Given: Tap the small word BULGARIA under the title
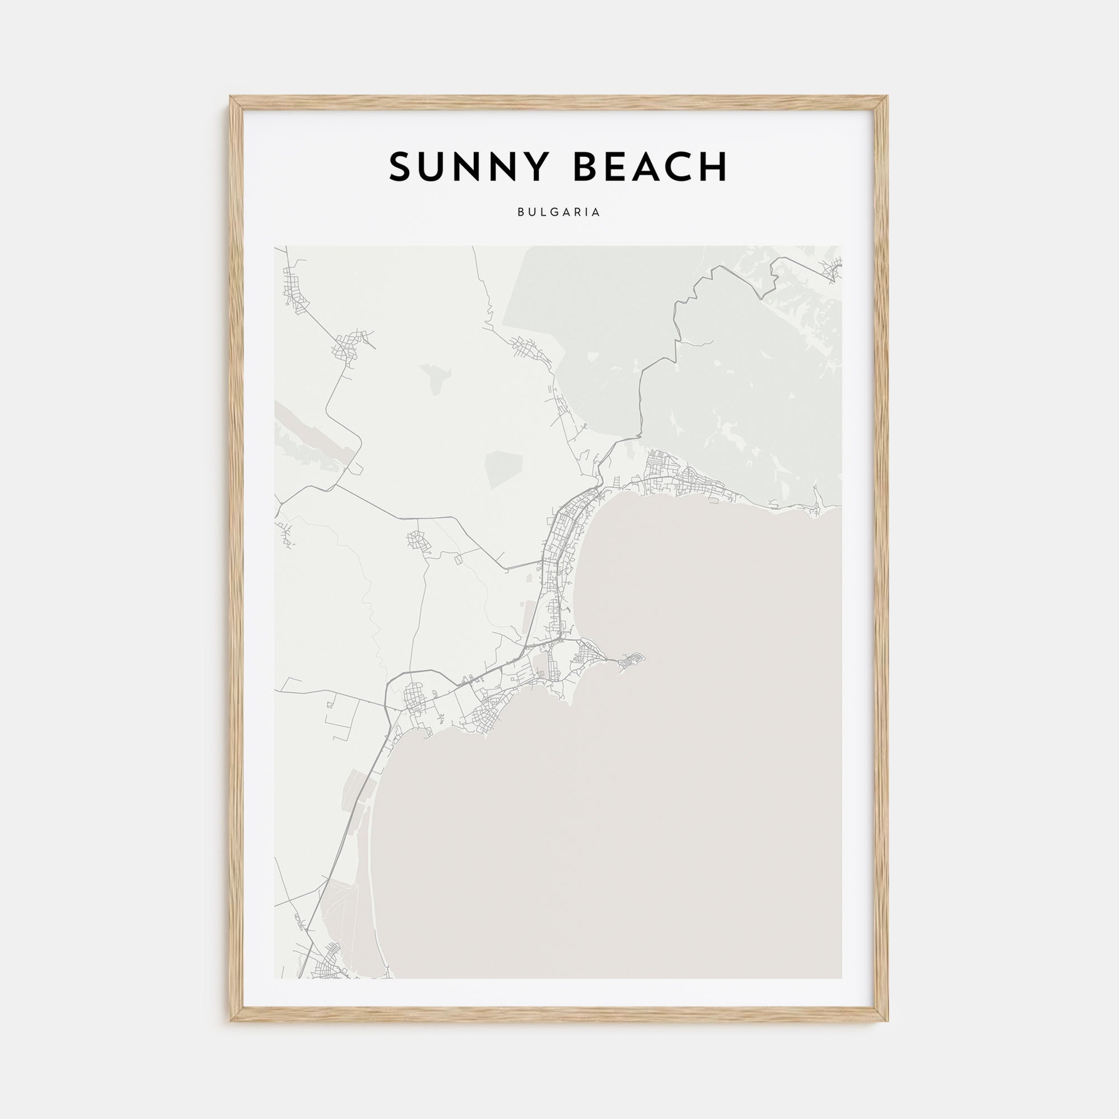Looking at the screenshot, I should pyautogui.click(x=559, y=213).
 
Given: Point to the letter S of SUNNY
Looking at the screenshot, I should pyautogui.click(x=399, y=167).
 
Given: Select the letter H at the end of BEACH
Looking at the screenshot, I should pyautogui.click(x=715, y=167).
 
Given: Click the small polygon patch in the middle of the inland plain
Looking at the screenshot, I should pyautogui.click(x=504, y=470).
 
